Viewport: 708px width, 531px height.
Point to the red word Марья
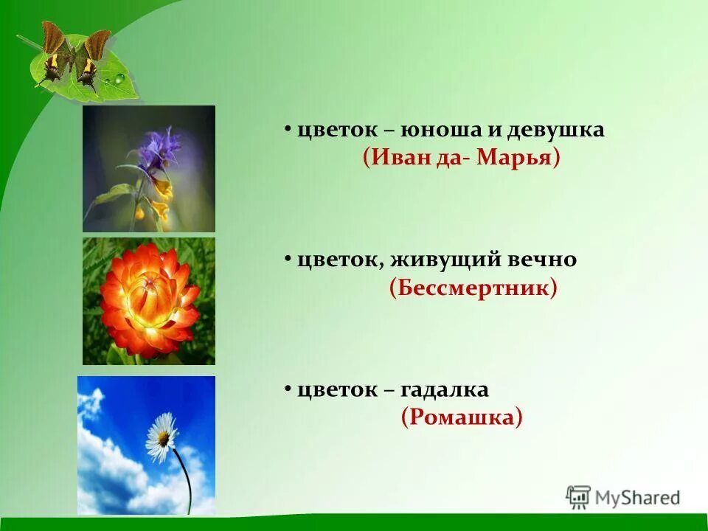tap(513, 158)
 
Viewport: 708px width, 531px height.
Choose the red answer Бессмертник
tap(473, 288)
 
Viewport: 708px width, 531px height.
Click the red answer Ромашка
tap(462, 417)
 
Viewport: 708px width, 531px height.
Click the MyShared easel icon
tap(578, 498)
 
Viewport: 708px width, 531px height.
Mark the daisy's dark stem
tap(184, 479)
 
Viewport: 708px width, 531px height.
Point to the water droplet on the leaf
tap(118, 78)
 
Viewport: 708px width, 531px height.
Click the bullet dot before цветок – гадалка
tap(288, 389)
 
